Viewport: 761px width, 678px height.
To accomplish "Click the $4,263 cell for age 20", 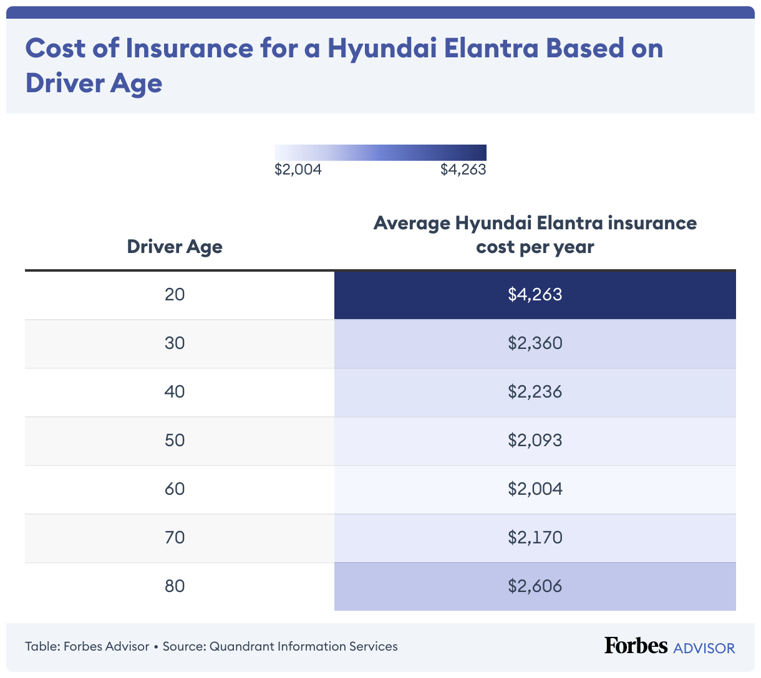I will pyautogui.click(x=535, y=294).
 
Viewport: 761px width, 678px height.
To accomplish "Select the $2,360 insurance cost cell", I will pyautogui.click(x=535, y=343).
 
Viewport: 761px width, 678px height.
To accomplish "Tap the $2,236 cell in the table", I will pyautogui.click(x=535, y=391).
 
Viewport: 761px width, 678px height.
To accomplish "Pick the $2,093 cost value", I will pyautogui.click(x=535, y=440).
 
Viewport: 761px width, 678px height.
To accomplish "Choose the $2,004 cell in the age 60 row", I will pyautogui.click(x=535, y=489).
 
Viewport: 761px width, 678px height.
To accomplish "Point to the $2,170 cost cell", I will pyautogui.click(x=535, y=537).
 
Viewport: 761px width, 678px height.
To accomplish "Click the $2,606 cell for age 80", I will pyautogui.click(x=535, y=586).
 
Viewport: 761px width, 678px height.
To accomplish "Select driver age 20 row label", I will pyautogui.click(x=175, y=294).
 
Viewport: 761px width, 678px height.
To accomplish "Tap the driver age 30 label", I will pyautogui.click(x=175, y=343).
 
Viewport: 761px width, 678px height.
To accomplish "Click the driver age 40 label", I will pyautogui.click(x=175, y=391).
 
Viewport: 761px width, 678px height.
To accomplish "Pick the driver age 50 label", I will pyautogui.click(x=175, y=440).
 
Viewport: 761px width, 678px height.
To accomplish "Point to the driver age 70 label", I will pyautogui.click(x=175, y=537).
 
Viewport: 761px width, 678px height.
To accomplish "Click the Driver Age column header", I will pyautogui.click(x=175, y=247).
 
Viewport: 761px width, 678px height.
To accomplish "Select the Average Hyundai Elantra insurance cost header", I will pyautogui.click(x=535, y=235).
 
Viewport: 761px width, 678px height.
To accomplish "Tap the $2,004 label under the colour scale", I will pyautogui.click(x=298, y=169).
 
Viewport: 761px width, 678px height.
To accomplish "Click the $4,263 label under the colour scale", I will pyautogui.click(x=463, y=169).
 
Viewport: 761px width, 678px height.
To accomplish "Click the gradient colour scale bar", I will pyautogui.click(x=380, y=153).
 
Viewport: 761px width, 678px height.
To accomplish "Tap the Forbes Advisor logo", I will pyautogui.click(x=669, y=646).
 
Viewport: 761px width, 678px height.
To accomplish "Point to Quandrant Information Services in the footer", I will pyautogui.click(x=303, y=646).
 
